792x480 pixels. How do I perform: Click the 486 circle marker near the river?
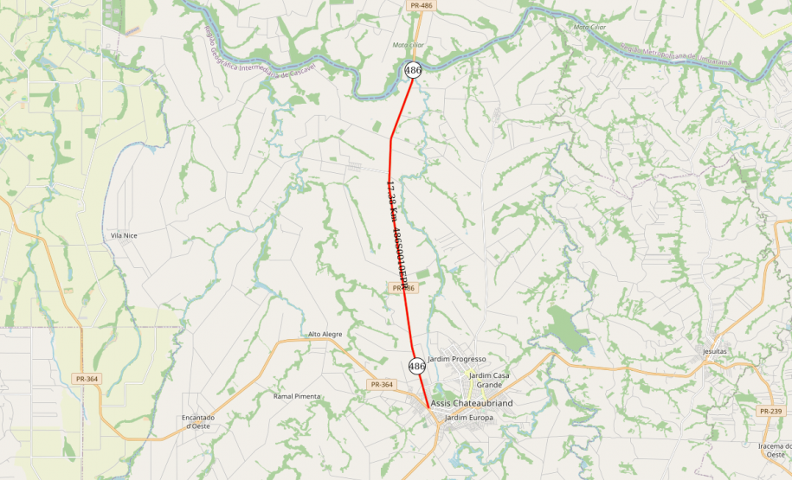click(413, 70)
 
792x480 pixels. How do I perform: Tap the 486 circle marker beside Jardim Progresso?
click(416, 366)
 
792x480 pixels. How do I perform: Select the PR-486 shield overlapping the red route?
click(403, 288)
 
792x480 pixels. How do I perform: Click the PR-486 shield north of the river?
click(421, 5)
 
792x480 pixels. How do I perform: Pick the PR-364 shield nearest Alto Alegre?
click(381, 384)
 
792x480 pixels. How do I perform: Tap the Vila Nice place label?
click(124, 235)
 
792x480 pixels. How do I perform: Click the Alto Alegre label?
click(325, 334)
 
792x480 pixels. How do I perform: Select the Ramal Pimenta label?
click(297, 396)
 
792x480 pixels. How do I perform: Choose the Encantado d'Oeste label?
click(198, 421)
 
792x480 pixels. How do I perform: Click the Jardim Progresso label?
click(457, 359)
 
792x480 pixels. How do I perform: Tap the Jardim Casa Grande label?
click(489, 380)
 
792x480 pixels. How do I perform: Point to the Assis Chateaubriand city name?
click(472, 404)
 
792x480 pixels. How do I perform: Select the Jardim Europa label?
click(468, 418)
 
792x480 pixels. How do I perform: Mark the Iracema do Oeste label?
click(776, 450)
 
